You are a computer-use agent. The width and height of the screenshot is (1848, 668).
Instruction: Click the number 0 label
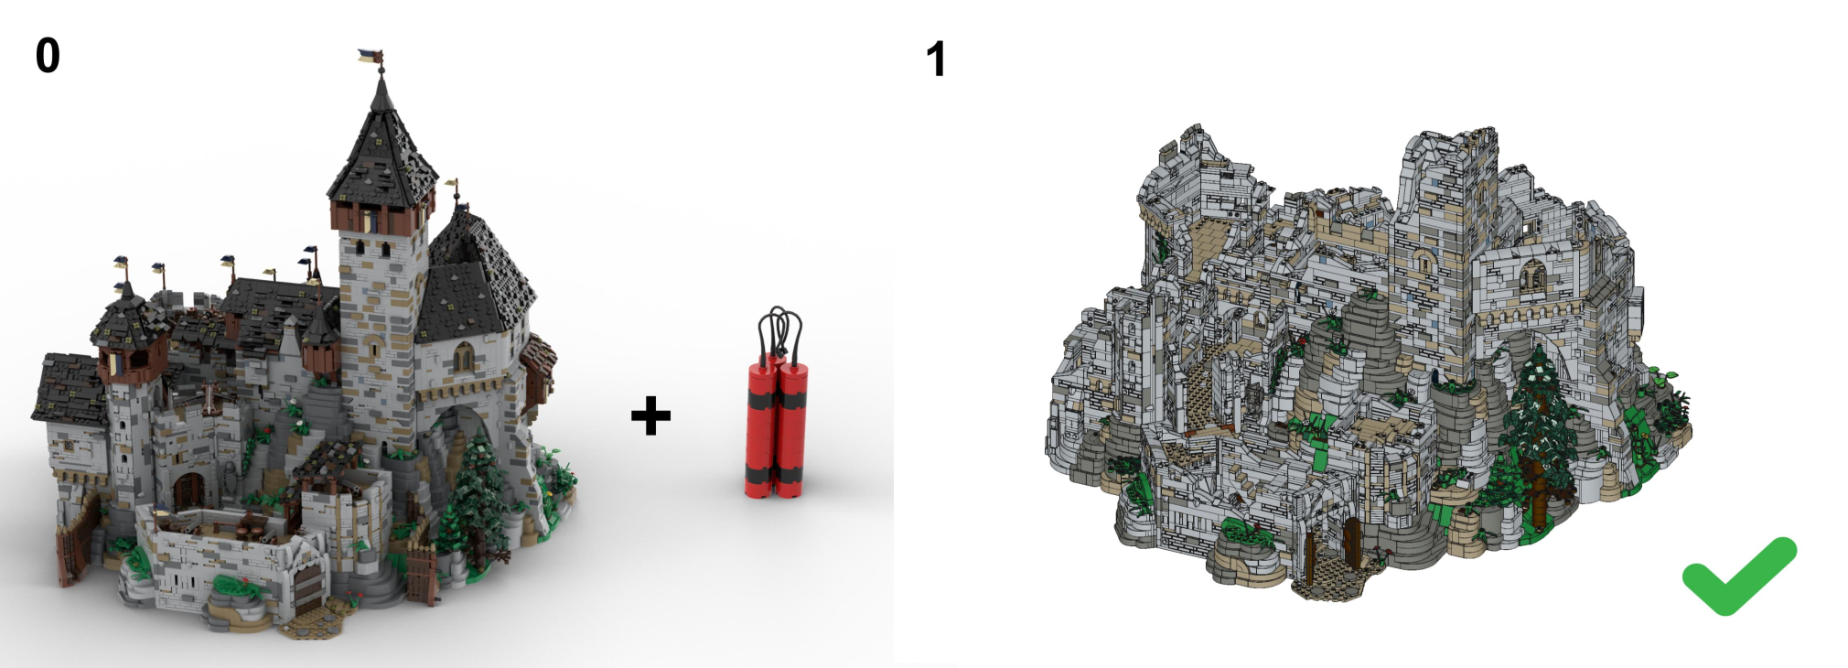(48, 55)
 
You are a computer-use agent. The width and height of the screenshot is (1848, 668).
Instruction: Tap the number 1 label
(935, 59)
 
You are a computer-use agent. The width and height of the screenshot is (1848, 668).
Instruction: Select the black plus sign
(650, 415)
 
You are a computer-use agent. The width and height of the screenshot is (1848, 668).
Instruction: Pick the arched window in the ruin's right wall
(1533, 275)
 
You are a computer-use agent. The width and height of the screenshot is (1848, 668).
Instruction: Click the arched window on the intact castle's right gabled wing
(464, 357)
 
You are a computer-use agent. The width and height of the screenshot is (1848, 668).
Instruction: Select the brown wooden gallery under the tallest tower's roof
(381, 217)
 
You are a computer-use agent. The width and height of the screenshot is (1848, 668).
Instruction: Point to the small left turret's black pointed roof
(126, 316)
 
